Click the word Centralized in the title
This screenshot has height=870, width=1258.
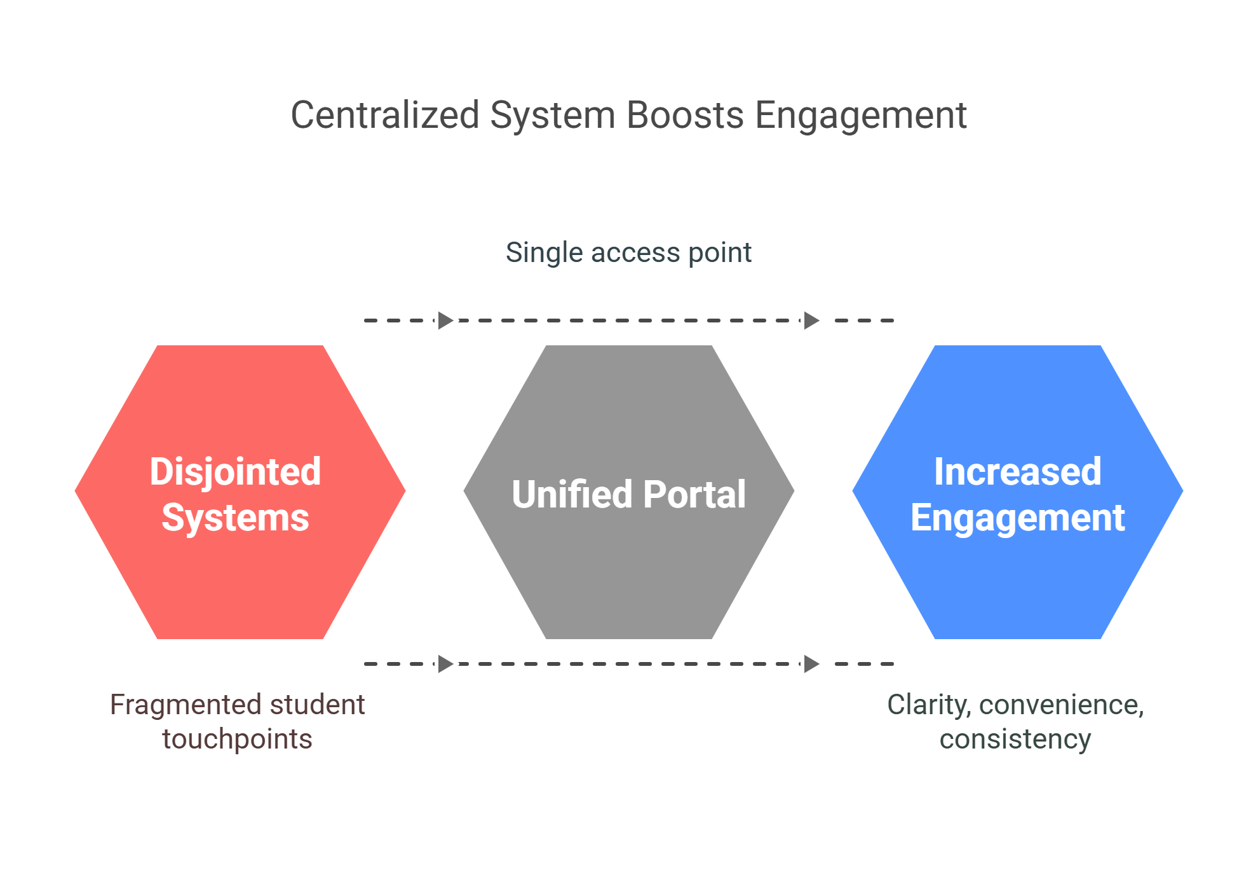(x=384, y=115)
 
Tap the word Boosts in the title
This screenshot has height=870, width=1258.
(x=685, y=115)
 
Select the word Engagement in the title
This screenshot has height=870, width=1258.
(x=861, y=116)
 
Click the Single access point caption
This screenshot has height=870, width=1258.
(x=628, y=252)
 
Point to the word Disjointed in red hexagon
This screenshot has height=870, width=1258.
(x=235, y=472)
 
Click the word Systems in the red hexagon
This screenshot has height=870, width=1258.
(x=235, y=518)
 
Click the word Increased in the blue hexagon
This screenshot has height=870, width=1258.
(x=1017, y=472)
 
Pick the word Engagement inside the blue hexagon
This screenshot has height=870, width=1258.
(x=1017, y=518)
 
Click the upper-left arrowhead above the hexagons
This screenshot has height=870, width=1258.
(x=446, y=321)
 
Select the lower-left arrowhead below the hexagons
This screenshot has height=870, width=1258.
(x=446, y=664)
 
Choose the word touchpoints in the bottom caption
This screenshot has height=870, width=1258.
(x=237, y=739)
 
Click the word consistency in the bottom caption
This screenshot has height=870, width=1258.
(x=1015, y=739)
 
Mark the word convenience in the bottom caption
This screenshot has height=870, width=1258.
(x=1060, y=705)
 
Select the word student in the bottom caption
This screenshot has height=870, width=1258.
(x=317, y=705)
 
